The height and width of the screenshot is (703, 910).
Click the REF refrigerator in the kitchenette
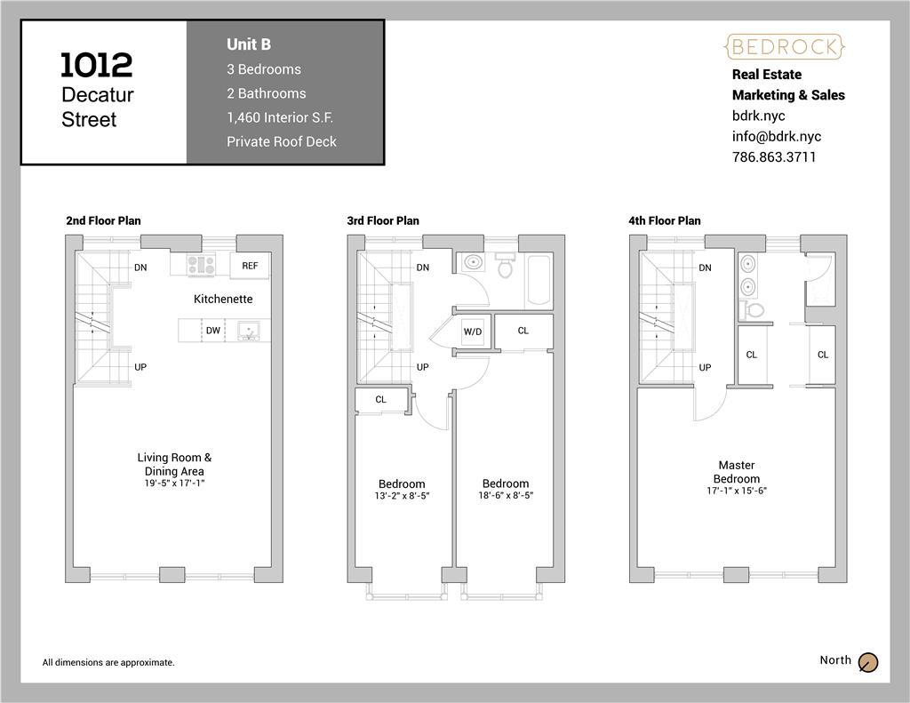tap(250, 266)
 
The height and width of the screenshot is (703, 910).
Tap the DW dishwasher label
tap(213, 331)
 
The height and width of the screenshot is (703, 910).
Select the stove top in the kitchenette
tap(201, 264)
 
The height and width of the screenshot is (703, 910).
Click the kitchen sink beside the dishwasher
tap(249, 331)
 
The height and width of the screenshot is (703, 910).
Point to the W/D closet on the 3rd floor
tap(473, 332)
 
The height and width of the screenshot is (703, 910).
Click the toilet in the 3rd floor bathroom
tap(505, 265)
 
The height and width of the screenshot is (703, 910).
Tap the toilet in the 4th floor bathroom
tap(752, 308)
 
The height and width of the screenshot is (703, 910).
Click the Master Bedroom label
tap(737, 472)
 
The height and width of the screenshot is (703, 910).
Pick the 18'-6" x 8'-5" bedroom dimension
tap(506, 495)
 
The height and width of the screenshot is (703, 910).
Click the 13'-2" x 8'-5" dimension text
tap(402, 496)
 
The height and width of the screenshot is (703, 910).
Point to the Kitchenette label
tap(223, 299)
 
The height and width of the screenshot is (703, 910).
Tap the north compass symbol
tap(868, 662)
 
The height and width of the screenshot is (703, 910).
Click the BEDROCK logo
tap(785, 47)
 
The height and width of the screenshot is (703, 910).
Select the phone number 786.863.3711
tap(774, 156)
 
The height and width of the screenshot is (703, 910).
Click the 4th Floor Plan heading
tap(665, 220)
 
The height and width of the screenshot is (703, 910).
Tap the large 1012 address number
tap(97, 65)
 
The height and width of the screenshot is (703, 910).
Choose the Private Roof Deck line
tap(282, 141)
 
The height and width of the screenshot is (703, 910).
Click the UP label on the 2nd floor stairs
tap(140, 367)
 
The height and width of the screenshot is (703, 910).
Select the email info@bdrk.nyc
tap(777, 136)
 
